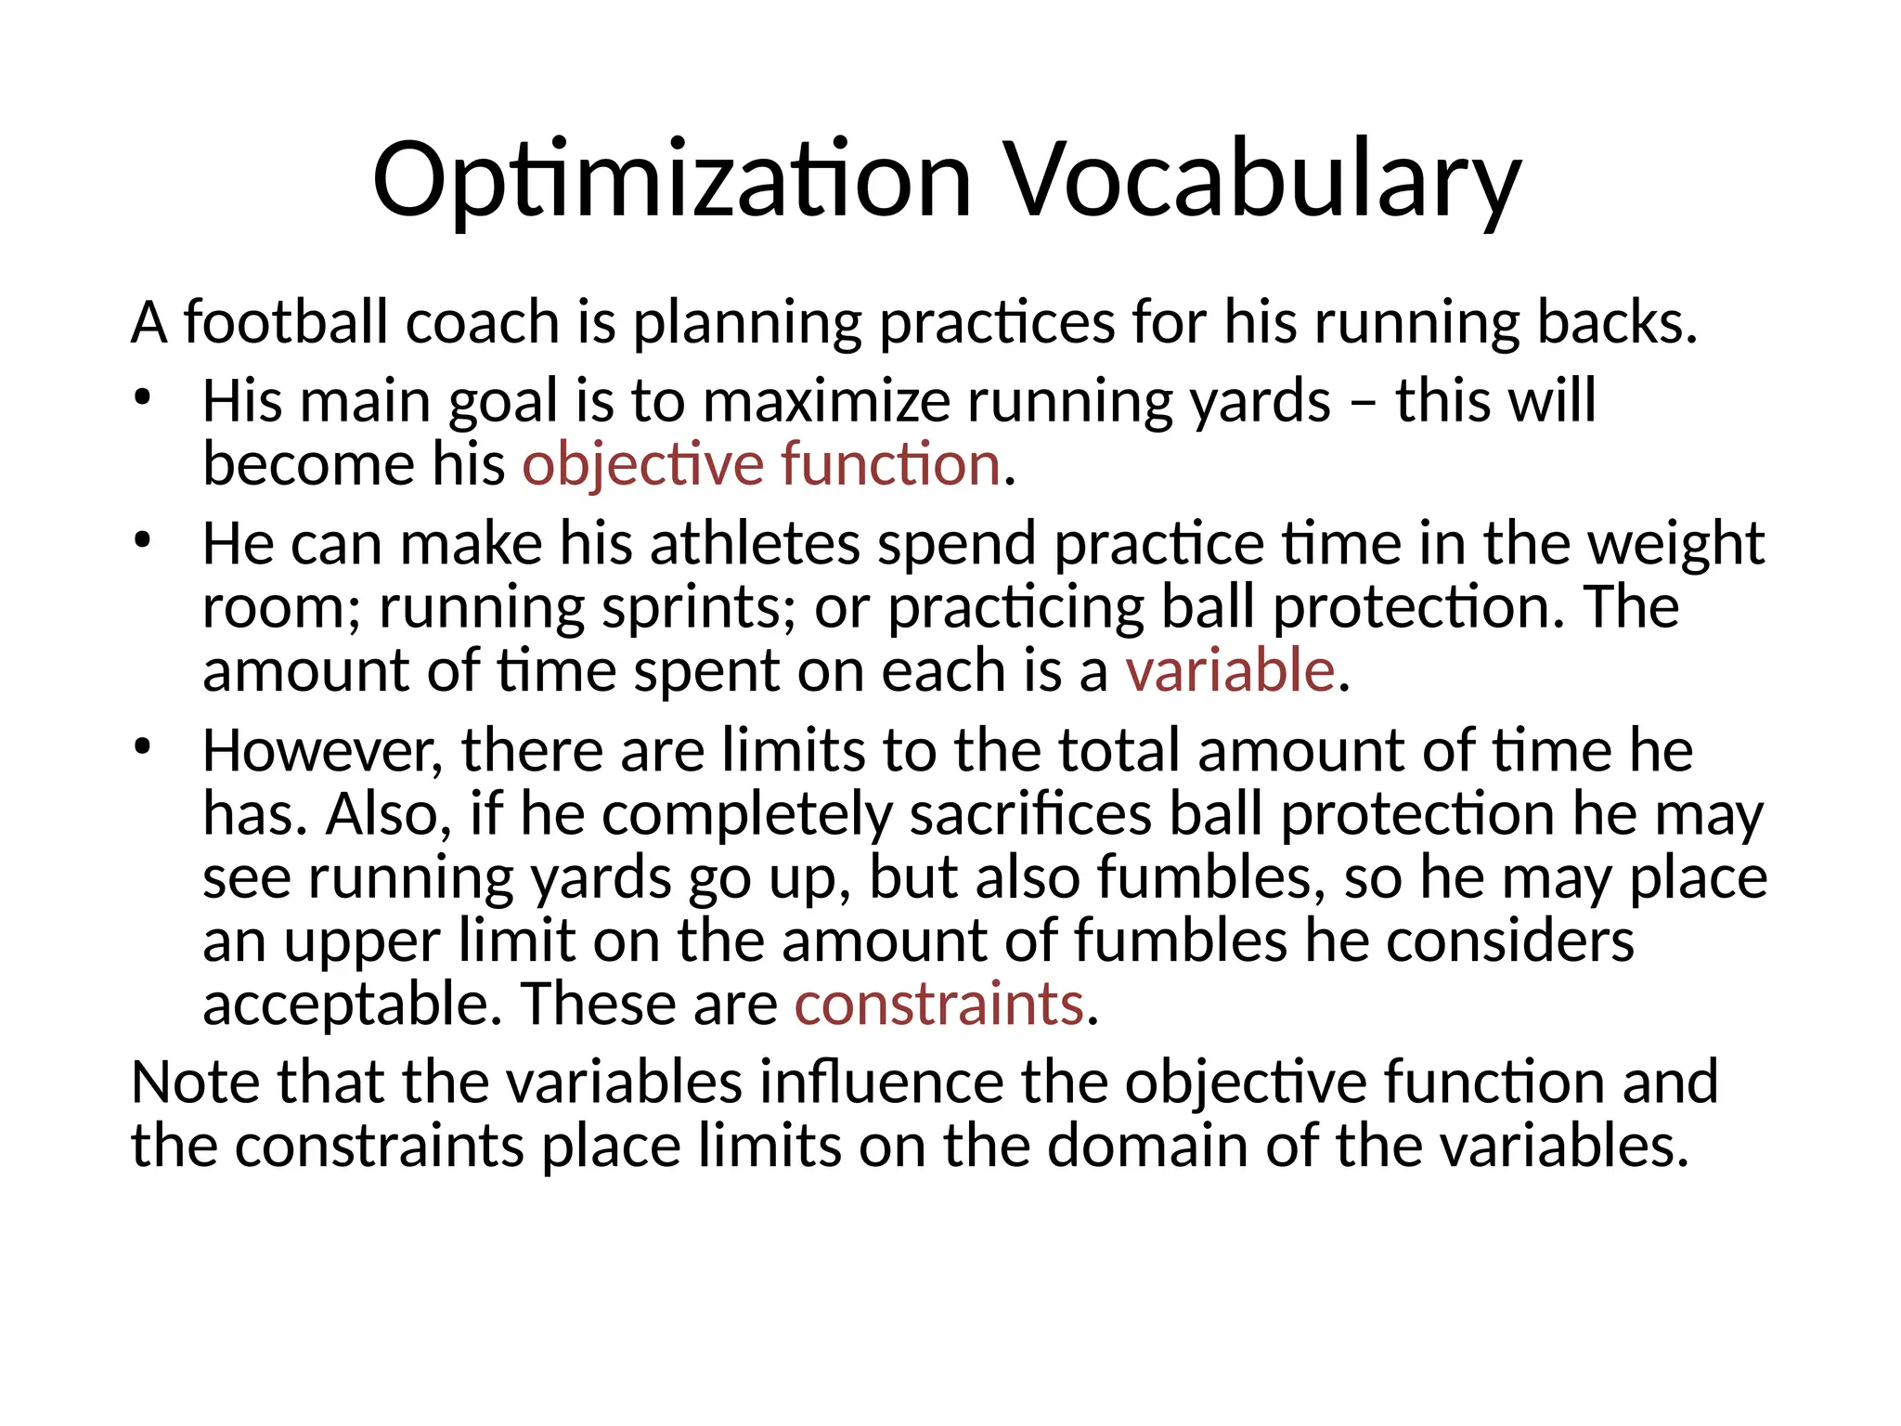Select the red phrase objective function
761,464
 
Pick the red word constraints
939,1005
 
